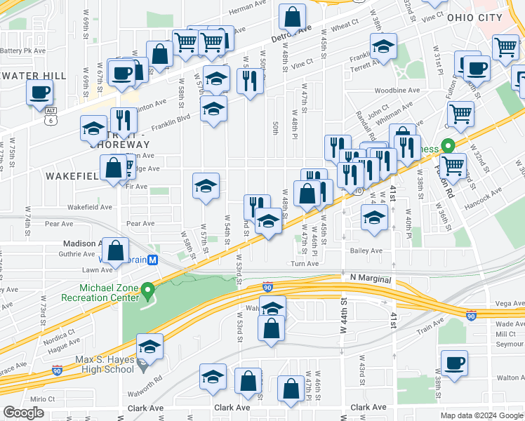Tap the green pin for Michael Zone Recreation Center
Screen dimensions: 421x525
pos(147,289)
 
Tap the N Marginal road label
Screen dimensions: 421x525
pos(369,279)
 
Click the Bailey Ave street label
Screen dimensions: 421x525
pos(366,250)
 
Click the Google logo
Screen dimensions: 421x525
pos(24,413)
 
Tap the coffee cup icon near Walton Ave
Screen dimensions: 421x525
pos(454,363)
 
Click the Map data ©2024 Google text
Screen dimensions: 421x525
pos(481,415)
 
